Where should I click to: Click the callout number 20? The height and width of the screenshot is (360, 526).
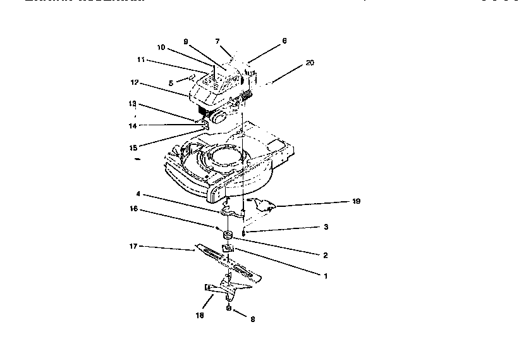pyautogui.click(x=309, y=63)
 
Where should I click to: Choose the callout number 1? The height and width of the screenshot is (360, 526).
pyautogui.click(x=325, y=276)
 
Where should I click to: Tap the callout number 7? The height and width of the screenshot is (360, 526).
pyautogui.click(x=217, y=41)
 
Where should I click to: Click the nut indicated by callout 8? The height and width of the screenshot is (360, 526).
pyautogui.click(x=229, y=309)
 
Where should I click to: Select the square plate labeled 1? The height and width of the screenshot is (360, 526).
pyautogui.click(x=226, y=249)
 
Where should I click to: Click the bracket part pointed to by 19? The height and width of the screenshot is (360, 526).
pyautogui.click(x=263, y=204)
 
